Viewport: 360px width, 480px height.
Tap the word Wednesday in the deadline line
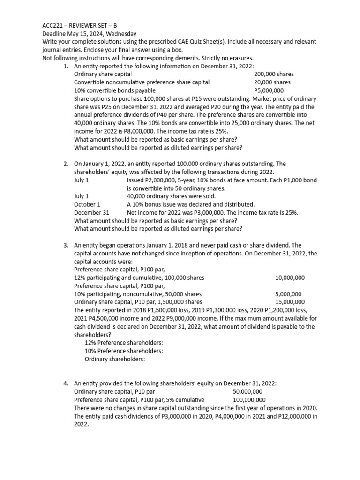click(120, 33)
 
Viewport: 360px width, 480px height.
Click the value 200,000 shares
click(274, 74)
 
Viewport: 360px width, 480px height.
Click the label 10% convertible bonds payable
click(111, 90)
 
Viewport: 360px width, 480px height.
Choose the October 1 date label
click(87, 204)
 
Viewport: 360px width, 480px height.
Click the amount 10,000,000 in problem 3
click(290, 277)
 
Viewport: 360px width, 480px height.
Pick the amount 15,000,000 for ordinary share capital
click(290, 302)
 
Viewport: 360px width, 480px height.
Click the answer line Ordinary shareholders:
click(115, 359)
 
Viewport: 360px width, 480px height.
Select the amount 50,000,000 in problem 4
click(247, 391)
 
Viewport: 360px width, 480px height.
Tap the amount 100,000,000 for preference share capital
click(249, 400)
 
